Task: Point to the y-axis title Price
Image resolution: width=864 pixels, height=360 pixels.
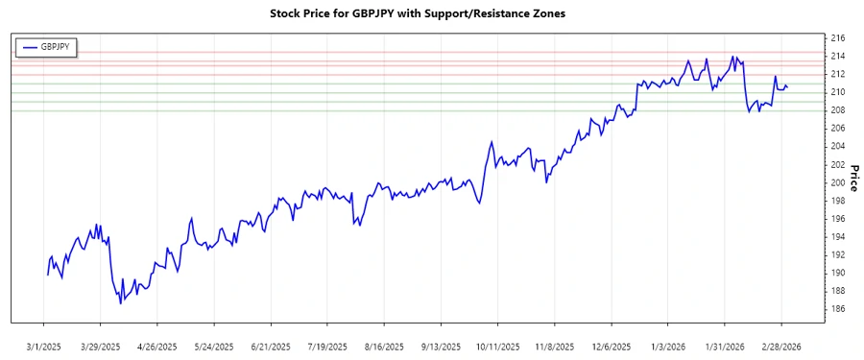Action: click(854, 177)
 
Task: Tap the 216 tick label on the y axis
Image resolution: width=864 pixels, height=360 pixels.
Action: click(837, 37)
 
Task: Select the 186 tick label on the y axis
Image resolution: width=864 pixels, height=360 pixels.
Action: click(837, 309)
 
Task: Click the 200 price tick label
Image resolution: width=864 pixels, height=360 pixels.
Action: click(837, 182)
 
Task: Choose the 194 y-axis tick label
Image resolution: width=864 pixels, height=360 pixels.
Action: click(837, 237)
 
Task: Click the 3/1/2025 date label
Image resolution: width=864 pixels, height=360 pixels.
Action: click(44, 346)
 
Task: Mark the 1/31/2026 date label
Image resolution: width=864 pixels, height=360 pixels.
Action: click(724, 346)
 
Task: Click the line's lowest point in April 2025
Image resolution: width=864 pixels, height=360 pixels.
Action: click(121, 303)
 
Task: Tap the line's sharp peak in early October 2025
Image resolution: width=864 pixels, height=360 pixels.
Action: click(492, 142)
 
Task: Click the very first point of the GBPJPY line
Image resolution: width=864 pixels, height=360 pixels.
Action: click(47, 276)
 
